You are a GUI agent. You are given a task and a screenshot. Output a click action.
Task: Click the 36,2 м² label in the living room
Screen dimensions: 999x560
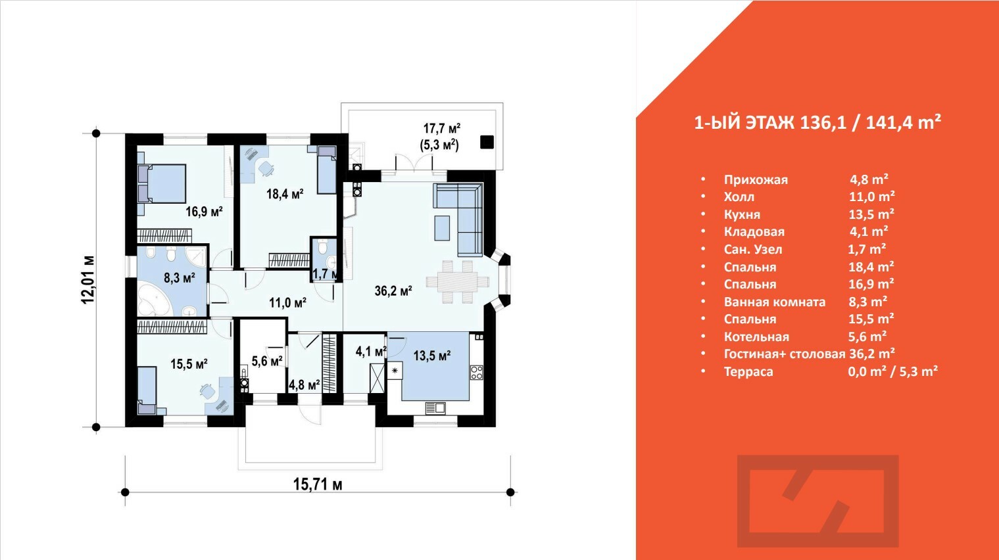point(393,291)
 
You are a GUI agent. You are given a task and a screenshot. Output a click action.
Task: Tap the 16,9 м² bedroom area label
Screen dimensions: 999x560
point(204,211)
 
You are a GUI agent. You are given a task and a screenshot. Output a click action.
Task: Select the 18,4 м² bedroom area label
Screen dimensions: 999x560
point(285,194)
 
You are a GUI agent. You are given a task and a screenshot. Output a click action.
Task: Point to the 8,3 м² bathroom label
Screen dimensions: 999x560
point(180,278)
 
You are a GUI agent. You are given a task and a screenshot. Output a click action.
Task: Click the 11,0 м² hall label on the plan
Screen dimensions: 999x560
point(288,303)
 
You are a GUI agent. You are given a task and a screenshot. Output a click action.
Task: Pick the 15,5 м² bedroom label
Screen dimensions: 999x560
point(189,363)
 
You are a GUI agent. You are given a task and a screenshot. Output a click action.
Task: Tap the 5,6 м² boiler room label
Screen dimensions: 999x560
point(267,361)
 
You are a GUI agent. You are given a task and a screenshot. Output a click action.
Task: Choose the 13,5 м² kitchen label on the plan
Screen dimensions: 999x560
point(432,356)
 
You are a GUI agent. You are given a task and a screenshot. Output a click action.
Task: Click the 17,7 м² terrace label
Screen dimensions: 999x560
point(441,129)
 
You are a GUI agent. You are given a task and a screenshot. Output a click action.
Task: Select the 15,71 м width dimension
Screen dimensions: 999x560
point(318,485)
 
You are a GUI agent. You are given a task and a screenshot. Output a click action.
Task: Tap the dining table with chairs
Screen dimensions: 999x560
point(458,282)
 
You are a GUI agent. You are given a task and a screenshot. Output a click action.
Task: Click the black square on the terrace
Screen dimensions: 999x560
point(487,142)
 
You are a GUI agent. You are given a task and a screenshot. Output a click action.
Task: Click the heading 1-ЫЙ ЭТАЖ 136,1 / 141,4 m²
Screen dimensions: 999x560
point(817,123)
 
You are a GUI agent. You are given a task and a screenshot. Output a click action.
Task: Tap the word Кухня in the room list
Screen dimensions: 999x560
point(742,214)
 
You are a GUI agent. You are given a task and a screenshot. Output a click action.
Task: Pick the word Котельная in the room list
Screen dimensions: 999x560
point(756,337)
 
